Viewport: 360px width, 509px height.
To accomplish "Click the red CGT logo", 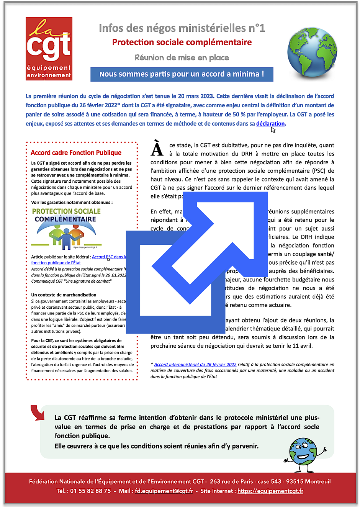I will coord(49,49).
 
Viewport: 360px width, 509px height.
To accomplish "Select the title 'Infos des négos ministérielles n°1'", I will coord(182,28).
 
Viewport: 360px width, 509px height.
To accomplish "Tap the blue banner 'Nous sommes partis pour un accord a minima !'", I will coord(182,74).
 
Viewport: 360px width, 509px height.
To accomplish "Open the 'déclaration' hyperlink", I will coord(270,124).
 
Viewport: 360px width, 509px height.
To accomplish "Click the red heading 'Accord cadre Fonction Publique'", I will coord(76,152).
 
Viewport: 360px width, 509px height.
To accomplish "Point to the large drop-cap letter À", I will coord(157,149).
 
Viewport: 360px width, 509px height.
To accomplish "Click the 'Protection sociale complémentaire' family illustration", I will coord(66,228).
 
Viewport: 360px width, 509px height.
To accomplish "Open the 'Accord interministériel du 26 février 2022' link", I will coord(195,365).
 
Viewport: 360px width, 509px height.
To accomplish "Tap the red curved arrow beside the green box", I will coord(38,412).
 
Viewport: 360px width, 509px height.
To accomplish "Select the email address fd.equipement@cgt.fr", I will coord(164,491).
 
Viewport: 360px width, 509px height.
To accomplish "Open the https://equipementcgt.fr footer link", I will coord(270,491).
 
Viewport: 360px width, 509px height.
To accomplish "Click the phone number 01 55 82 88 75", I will coord(90,491).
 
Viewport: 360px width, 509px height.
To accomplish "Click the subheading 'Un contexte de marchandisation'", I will coord(64,295).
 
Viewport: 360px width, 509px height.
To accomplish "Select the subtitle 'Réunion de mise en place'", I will coord(182,58).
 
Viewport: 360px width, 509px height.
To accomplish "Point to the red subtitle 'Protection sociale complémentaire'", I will coord(182,43).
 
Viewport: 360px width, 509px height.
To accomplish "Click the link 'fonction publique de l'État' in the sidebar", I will coord(56,263).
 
